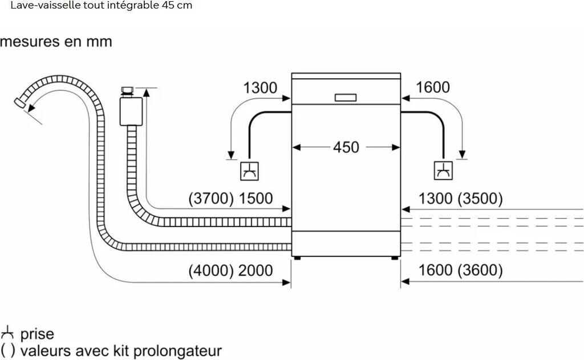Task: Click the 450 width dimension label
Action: point(346,147)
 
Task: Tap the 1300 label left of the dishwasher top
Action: point(260,88)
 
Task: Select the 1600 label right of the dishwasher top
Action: point(432,87)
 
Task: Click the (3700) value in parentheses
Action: point(211,199)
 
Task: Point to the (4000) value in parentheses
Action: point(211,270)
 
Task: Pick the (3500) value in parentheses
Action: point(480,199)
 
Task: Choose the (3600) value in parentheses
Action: point(480,270)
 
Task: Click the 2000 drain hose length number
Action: point(255,270)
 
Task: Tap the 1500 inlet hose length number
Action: point(255,199)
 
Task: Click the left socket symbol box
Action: point(249,171)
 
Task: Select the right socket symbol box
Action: point(443,171)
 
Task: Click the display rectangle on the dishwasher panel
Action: point(346,98)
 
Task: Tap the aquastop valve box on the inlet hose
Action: point(131,111)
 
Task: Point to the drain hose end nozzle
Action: point(20,103)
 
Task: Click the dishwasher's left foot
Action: point(297,258)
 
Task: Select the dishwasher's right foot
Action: point(395,258)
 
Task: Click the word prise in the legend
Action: point(37,334)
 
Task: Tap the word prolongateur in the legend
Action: point(177,351)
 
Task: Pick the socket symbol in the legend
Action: point(7,333)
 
